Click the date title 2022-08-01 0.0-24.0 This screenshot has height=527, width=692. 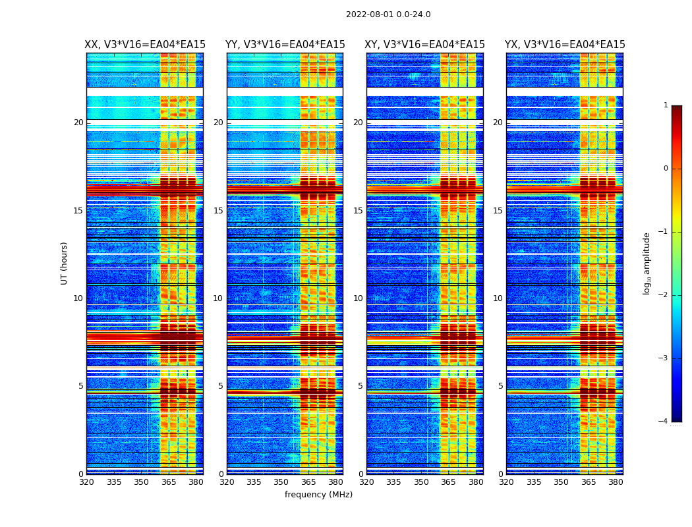coord(388,14)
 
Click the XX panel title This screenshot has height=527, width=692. coord(145,45)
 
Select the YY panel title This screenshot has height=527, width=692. coord(285,45)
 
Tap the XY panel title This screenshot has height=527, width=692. coord(424,45)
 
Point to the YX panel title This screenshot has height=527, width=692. coord(565,45)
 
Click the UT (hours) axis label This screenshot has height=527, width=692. coord(65,263)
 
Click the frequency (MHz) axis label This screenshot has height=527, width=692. coord(318,495)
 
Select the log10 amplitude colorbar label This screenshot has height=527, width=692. coord(647,263)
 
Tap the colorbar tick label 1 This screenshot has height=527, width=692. coord(665,105)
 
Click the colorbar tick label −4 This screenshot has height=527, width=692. coord(663,422)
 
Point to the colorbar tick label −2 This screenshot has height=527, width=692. coord(663,295)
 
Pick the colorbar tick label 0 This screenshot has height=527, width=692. coord(665,169)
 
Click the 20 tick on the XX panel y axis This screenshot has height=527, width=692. coord(78,123)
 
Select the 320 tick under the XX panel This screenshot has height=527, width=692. coord(86,482)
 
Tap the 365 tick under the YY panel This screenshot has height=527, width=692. coord(308,482)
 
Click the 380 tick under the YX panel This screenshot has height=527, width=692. coord(616,482)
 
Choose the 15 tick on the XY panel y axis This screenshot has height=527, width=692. coord(358,211)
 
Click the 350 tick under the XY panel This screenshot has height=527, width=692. coord(421,482)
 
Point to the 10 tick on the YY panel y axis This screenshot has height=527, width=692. coord(218,298)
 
